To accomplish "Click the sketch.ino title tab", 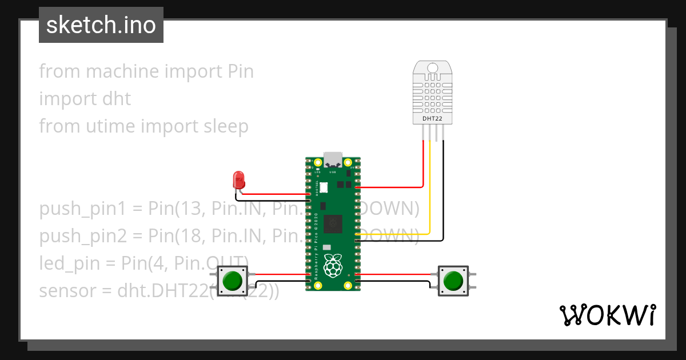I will tap(101, 25).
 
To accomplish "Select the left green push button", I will tap(232, 281).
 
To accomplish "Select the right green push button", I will tap(453, 281).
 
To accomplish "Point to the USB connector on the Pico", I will tap(333, 160).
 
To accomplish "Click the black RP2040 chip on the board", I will tap(333, 224).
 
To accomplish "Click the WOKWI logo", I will tap(607, 315).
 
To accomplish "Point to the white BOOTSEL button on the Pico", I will tap(323, 187).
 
